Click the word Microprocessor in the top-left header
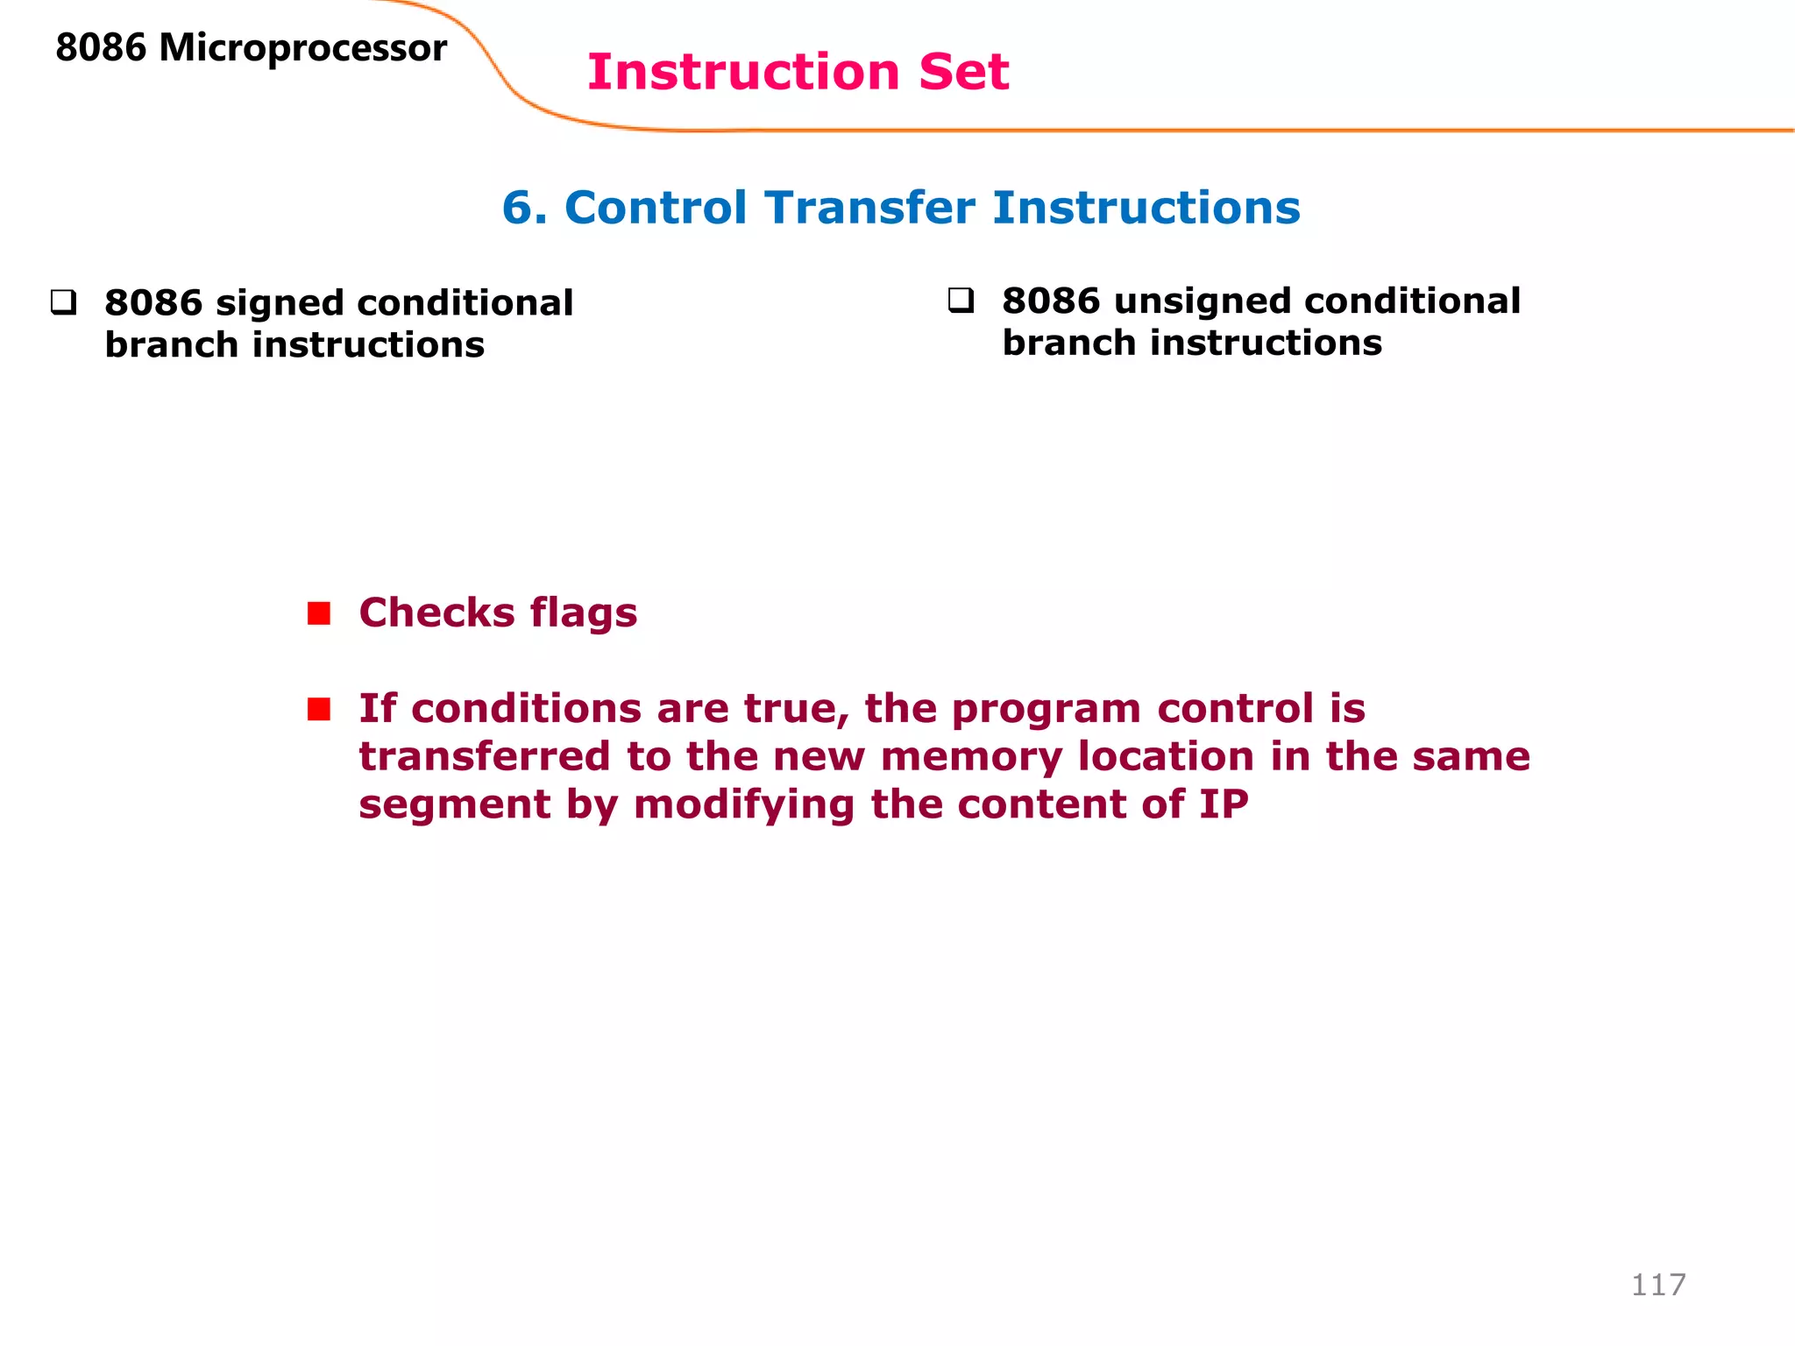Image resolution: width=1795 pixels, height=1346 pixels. [x=302, y=48]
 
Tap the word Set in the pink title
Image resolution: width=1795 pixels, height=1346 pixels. [x=963, y=72]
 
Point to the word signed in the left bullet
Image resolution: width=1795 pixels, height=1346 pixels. [x=279, y=304]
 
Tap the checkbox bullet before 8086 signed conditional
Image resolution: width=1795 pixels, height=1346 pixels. [x=63, y=303]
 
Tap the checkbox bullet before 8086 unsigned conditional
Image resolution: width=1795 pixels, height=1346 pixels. [x=961, y=301]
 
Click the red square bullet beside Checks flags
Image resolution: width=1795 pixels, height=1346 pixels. [x=319, y=613]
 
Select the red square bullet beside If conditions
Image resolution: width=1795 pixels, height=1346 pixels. [x=319, y=708]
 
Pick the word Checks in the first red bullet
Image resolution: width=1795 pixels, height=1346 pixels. [x=436, y=613]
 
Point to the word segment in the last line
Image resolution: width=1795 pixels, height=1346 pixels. [x=454, y=805]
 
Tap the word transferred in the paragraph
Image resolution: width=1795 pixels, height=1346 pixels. [x=485, y=756]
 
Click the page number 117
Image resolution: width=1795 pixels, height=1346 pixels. [x=1657, y=1285]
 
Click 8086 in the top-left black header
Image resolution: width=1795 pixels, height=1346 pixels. [x=101, y=48]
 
